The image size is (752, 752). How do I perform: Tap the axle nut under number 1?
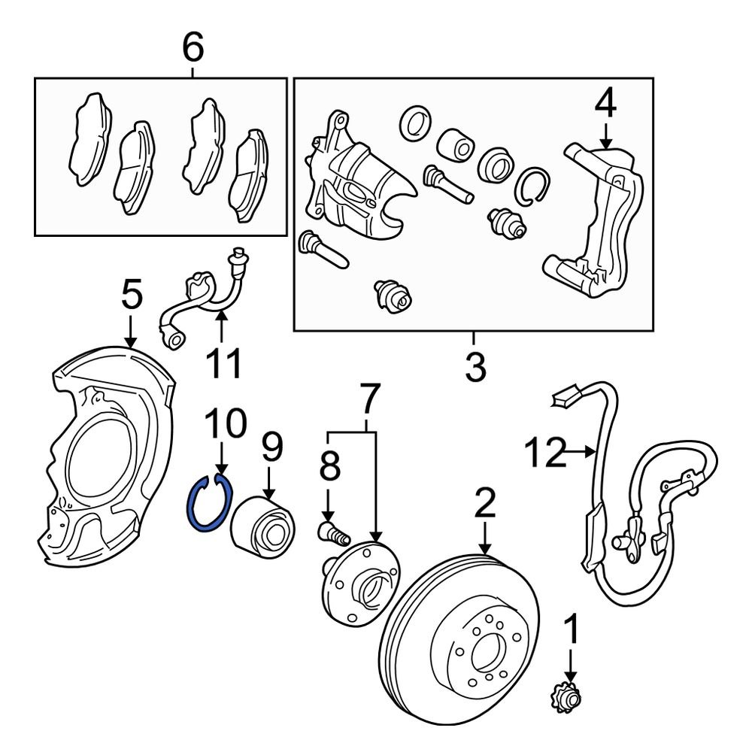pyautogui.click(x=569, y=699)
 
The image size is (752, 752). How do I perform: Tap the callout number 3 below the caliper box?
pyautogui.click(x=475, y=368)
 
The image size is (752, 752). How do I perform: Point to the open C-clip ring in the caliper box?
pyautogui.click(x=533, y=184)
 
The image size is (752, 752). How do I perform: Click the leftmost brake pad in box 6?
pyautogui.click(x=89, y=138)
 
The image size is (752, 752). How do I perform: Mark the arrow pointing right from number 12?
pyautogui.click(x=582, y=452)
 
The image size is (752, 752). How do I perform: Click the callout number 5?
pyautogui.click(x=132, y=296)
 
